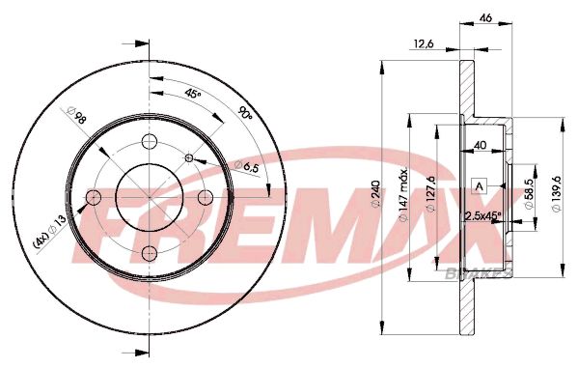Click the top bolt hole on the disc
150,141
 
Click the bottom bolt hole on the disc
150,252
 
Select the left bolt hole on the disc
94,197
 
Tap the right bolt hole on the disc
205,197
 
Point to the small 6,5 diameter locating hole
189,158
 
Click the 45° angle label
192,94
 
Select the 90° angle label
245,113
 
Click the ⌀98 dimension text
76,116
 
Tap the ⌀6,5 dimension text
247,166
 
